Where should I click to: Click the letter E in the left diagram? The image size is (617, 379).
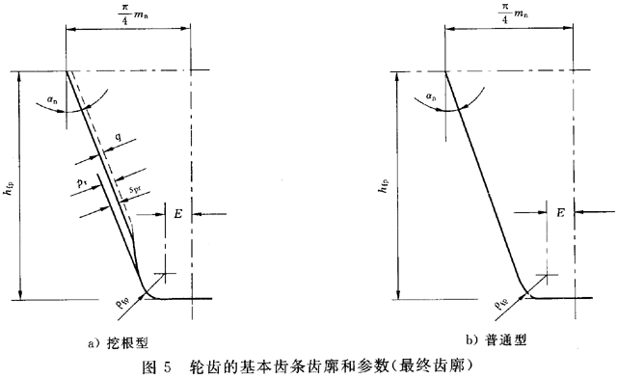tap(179, 214)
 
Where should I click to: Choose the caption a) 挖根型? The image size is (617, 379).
tap(124, 340)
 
